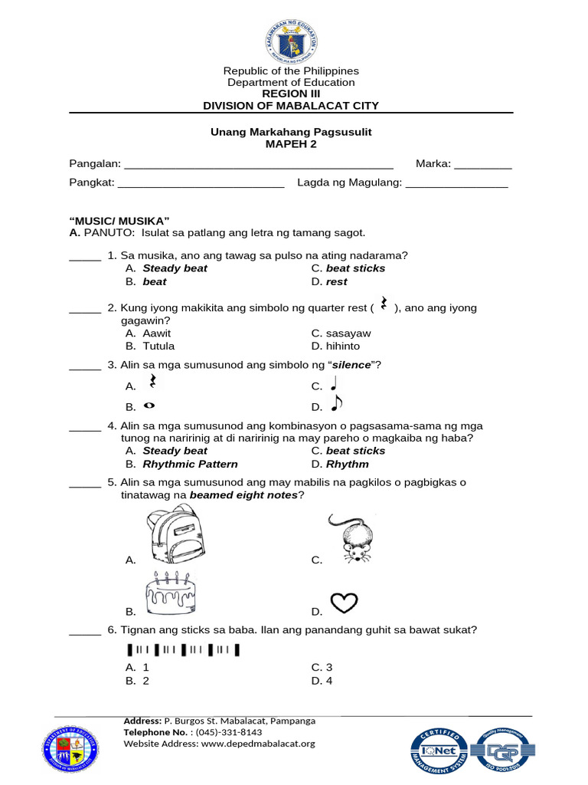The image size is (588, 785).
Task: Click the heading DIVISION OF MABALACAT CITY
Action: [x=291, y=106]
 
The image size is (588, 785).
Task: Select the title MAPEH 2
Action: [x=291, y=144]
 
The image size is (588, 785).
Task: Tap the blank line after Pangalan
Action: [x=259, y=166]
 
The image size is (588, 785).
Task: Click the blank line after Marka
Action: [x=483, y=166]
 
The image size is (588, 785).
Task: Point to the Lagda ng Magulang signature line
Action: [x=456, y=185]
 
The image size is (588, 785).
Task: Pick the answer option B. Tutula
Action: [x=150, y=347]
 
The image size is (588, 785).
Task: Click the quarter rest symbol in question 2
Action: [x=384, y=305]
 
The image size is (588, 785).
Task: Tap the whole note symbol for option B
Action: [x=149, y=406]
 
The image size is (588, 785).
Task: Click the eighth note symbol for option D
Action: [x=337, y=403]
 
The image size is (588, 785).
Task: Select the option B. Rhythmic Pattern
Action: [x=181, y=465]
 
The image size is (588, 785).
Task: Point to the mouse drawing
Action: [x=356, y=538]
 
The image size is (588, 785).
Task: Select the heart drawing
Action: [x=343, y=603]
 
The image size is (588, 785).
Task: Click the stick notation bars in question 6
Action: [x=182, y=651]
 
